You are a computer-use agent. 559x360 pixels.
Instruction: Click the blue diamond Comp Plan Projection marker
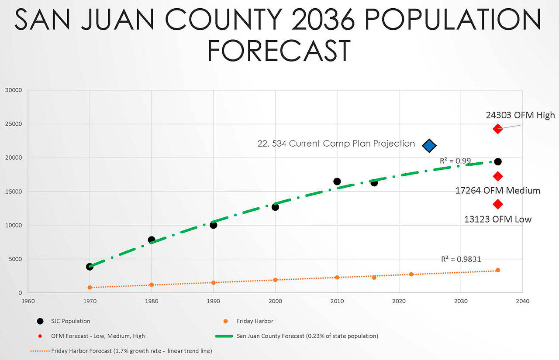coord(429,145)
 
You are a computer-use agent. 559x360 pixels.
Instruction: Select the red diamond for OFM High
coord(497,129)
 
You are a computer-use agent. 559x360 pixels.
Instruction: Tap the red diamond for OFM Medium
coord(497,176)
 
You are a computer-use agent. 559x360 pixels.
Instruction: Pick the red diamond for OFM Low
coord(497,204)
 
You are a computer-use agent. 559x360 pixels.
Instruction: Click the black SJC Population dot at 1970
coord(90,267)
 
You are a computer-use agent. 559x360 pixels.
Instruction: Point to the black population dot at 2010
coord(337,182)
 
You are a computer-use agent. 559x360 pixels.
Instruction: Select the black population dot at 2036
coord(497,162)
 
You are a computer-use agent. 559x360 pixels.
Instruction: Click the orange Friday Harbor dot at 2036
coord(497,270)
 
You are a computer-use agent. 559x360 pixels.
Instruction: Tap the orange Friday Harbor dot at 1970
coord(90,288)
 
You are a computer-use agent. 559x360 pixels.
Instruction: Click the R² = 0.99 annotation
coord(455,161)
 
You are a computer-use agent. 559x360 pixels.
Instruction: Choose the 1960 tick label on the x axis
coord(28,301)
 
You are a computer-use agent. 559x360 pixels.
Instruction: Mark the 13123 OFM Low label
coord(498,219)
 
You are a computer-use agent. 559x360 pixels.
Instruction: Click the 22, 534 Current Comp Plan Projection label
coord(336,144)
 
